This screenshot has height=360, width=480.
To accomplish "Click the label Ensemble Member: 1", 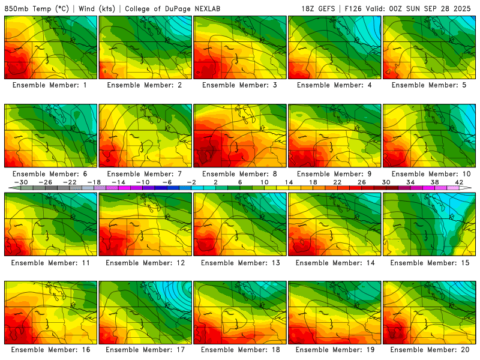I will (50, 85).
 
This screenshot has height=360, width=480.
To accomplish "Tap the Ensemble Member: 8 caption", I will (240, 174).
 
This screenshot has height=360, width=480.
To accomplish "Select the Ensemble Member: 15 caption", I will (430, 262).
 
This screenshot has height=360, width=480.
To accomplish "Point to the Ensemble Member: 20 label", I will (430, 350).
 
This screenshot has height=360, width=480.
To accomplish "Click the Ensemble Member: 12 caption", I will (145, 262).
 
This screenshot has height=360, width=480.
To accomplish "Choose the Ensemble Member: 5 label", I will (430, 85).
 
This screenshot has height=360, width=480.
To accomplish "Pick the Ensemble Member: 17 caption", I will (145, 350).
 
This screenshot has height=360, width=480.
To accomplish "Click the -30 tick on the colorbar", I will (21, 182).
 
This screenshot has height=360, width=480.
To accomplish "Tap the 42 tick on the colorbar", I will (459, 182).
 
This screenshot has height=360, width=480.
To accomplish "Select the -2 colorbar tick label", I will (191, 182).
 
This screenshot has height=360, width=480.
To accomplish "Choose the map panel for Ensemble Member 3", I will (240, 47).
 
